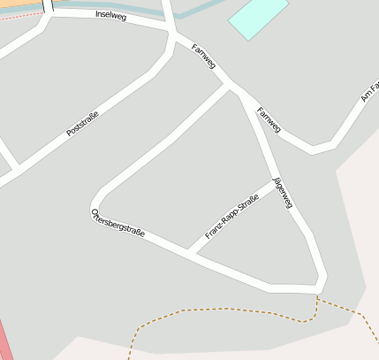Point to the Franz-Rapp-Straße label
[x=231, y=218]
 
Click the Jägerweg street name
[x=282, y=193]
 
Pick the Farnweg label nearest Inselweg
[x=204, y=56]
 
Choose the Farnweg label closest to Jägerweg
[x=268, y=119]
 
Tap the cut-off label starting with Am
[x=370, y=90]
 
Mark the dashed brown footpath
[x=230, y=310]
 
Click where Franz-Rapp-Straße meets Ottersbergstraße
[x=192, y=252]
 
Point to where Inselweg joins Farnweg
[x=172, y=33]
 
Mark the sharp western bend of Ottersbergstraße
[x=95, y=203]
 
